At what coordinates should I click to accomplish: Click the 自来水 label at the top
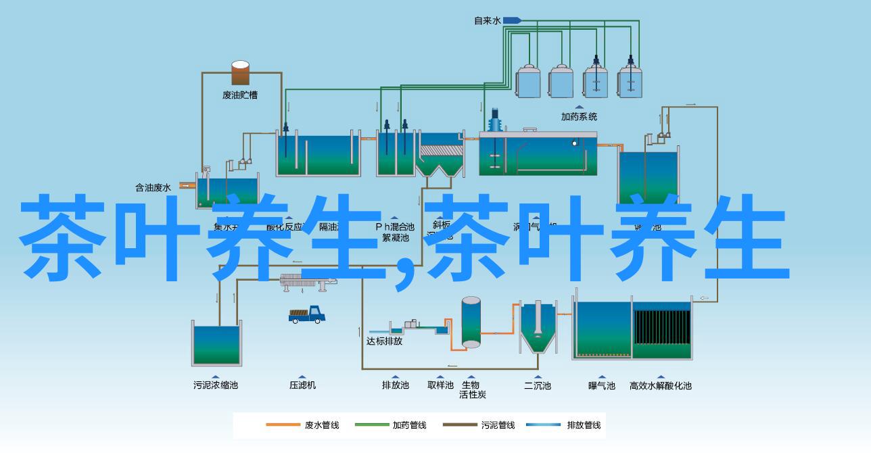(487, 21)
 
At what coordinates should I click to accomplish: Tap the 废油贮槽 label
(240, 95)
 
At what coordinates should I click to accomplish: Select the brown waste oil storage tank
(240, 73)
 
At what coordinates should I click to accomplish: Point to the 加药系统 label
(579, 116)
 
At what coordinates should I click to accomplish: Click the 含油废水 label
(153, 187)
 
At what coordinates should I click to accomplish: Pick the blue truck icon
(308, 314)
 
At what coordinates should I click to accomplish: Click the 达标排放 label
(384, 341)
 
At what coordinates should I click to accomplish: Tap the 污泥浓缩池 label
(216, 385)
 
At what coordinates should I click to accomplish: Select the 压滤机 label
(302, 385)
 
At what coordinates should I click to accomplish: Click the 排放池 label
(396, 385)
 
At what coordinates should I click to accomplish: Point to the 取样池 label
(440, 385)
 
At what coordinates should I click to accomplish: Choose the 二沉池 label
(537, 385)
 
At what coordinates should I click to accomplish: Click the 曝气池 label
(601, 385)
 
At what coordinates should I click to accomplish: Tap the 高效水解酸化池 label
(661, 385)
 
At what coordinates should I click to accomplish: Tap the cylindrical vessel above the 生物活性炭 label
(471, 322)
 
